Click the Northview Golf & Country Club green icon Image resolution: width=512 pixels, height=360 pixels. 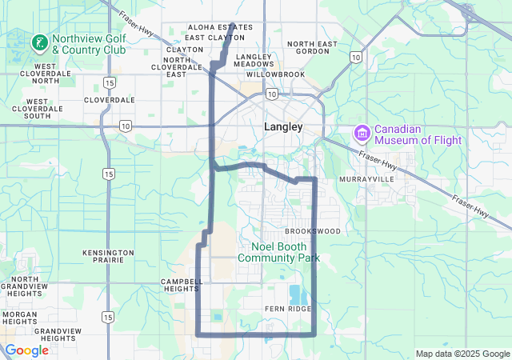pos(38,42)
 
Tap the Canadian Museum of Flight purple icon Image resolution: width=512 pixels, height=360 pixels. pos(361,132)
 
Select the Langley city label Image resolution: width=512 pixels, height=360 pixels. pos(283,126)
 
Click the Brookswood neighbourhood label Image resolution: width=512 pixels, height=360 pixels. pos(312,230)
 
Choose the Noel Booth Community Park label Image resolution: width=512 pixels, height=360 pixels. pos(278,252)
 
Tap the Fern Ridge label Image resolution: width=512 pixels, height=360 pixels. pos(287,308)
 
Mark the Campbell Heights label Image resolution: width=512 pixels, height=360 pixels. pos(182,286)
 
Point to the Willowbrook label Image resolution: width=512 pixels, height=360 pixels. pos(276,74)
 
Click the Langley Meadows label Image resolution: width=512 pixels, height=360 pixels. pos(254,61)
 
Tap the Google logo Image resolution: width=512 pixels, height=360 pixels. pos(27,350)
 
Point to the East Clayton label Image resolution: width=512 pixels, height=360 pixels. pos(214,38)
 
